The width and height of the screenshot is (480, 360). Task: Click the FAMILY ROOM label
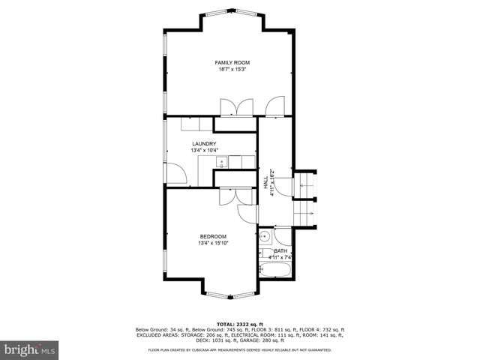[x=232, y=62]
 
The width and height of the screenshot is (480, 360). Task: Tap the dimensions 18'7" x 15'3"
[x=232, y=69]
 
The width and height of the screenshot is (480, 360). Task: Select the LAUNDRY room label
[x=204, y=144]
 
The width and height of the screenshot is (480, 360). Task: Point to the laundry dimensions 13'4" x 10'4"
[x=204, y=150]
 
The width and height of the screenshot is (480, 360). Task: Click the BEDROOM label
[x=213, y=236]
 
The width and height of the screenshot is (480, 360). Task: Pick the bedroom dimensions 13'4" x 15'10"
[x=213, y=242]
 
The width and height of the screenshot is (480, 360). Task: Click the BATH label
[x=280, y=250]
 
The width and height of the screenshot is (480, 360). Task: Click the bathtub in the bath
[x=276, y=269]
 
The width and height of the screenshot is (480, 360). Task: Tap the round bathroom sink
[x=264, y=238]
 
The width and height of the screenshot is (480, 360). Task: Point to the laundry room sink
[x=222, y=162]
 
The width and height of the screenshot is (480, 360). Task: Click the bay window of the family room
[x=232, y=13]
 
